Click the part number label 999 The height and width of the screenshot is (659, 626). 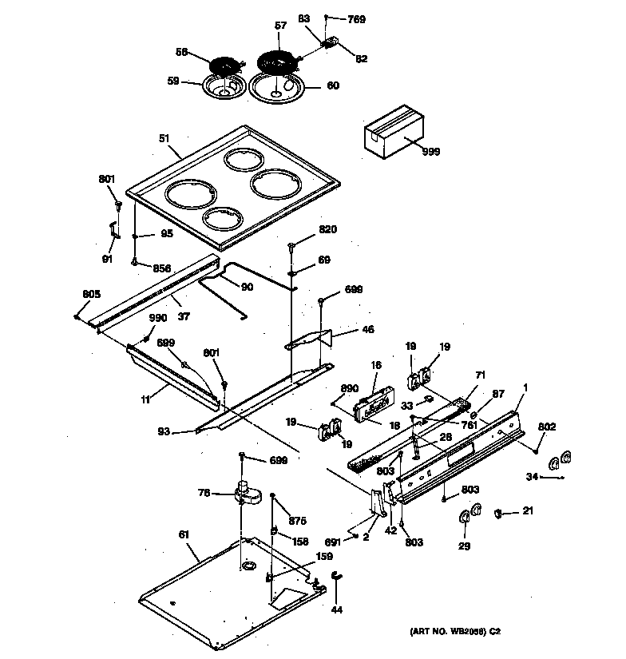point(430,151)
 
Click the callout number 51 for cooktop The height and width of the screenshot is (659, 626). point(164,138)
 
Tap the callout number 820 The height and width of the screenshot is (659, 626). point(327,229)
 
